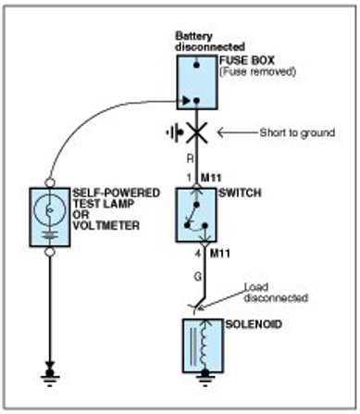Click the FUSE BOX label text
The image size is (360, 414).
click(247, 60)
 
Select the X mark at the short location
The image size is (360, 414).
click(197, 133)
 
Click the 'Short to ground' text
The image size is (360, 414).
click(297, 132)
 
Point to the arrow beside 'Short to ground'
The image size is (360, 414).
click(238, 132)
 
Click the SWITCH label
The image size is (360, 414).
click(240, 193)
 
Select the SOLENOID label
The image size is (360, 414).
click(254, 324)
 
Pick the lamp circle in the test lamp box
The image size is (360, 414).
click(50, 210)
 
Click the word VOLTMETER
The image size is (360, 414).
click(106, 225)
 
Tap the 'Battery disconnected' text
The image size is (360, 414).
click(210, 42)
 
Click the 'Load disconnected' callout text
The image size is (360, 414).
click(276, 293)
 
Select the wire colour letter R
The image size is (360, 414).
click(191, 158)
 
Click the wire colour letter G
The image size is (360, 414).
click(197, 276)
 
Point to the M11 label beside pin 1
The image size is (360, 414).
click(211, 178)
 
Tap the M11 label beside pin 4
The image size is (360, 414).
click(220, 254)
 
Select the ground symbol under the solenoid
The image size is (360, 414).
click(205, 378)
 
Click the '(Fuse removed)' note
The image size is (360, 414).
click(258, 71)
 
